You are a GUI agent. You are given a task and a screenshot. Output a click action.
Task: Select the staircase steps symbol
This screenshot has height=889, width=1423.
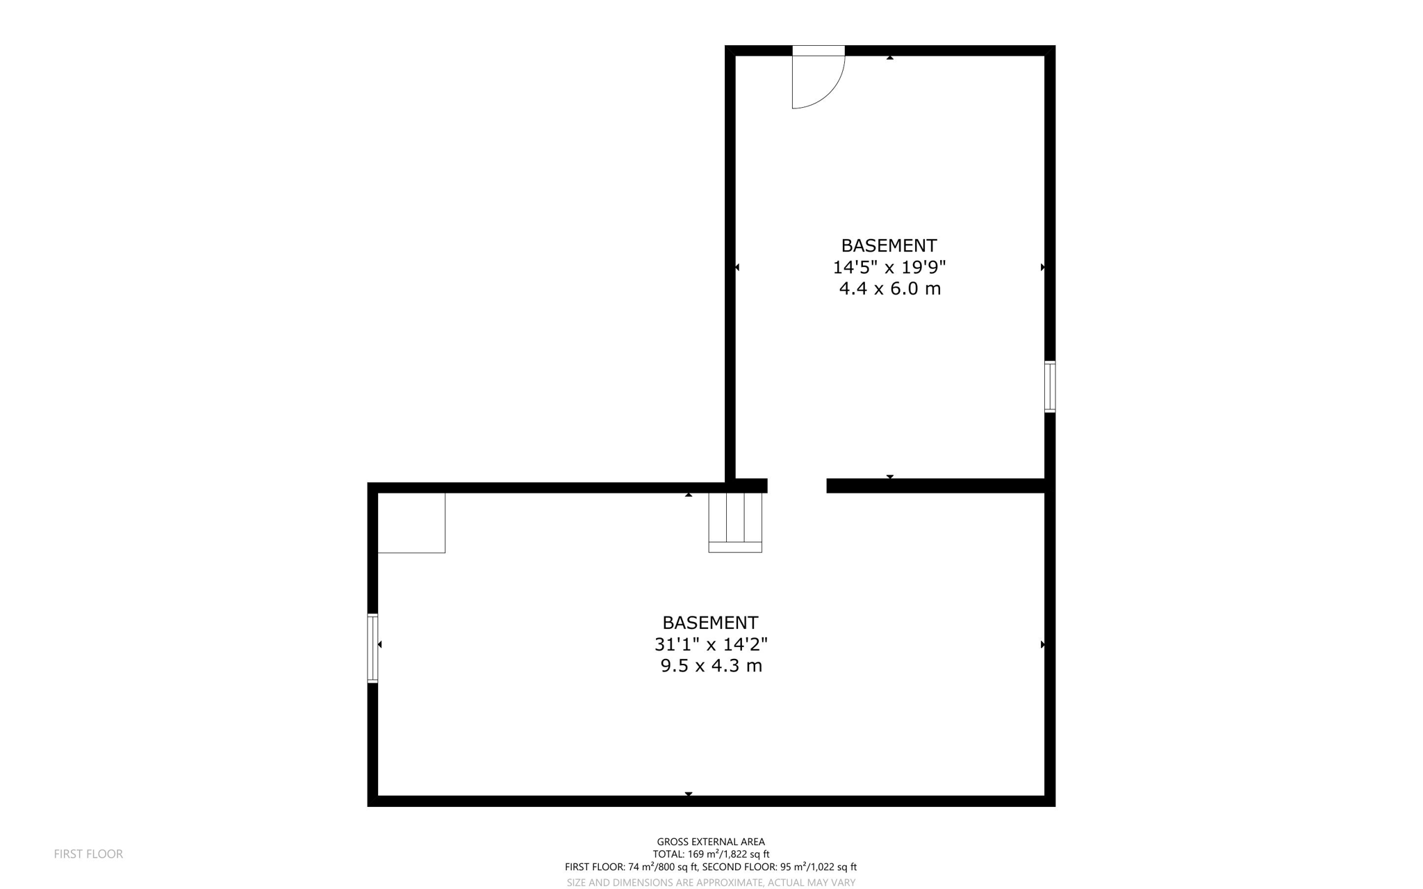click(x=734, y=522)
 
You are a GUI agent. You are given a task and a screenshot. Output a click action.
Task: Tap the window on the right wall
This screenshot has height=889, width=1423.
click(x=1050, y=386)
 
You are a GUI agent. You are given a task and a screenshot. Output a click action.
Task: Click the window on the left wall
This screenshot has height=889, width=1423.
click(x=372, y=648)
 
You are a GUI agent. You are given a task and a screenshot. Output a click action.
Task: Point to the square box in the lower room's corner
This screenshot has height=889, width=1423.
click(x=411, y=523)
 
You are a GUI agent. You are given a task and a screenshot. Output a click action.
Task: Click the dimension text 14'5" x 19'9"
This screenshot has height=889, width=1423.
click(x=889, y=267)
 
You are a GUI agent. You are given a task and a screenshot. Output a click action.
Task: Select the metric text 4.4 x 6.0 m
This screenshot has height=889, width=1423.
click(x=889, y=288)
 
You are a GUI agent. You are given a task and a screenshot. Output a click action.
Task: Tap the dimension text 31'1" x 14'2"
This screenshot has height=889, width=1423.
click(x=710, y=644)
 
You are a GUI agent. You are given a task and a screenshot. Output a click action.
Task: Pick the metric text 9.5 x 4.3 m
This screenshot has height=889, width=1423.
click(x=711, y=666)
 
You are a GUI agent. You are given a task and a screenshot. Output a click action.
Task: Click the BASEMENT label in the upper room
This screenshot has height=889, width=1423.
click(x=889, y=245)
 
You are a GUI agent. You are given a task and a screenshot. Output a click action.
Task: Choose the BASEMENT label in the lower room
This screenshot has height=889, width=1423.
click(x=709, y=622)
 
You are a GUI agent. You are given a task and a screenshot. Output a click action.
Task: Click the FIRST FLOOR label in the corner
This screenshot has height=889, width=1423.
click(x=88, y=854)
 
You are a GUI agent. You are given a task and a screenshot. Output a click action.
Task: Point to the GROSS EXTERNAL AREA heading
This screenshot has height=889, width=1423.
click(x=710, y=842)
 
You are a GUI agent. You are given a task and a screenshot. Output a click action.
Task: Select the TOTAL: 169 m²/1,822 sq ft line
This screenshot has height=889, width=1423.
click(x=710, y=854)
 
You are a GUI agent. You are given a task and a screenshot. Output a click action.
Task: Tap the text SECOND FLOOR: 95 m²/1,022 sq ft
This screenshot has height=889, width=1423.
click(x=779, y=867)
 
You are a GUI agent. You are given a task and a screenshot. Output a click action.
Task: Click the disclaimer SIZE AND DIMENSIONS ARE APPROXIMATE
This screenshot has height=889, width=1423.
click(x=710, y=883)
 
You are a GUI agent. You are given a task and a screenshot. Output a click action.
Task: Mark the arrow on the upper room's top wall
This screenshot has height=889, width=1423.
click(x=889, y=58)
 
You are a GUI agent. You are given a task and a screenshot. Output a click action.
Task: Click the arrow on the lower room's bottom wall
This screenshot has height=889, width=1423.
click(x=688, y=794)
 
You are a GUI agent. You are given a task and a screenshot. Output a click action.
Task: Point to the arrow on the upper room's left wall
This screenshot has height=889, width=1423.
click(x=737, y=267)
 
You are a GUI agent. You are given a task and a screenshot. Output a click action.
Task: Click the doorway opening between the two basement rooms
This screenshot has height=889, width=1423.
click(x=796, y=486)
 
